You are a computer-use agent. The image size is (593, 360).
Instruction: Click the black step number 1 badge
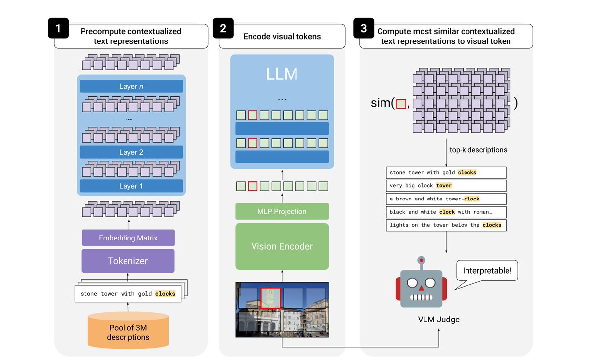(x=58, y=29)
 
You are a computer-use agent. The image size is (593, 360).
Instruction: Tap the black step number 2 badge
(x=223, y=29)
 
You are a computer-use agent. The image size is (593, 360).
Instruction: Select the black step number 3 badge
(x=364, y=29)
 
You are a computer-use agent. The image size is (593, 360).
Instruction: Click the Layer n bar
(x=131, y=86)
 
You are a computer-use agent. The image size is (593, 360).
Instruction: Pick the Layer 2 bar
(x=131, y=152)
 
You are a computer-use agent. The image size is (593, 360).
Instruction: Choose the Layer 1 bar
(x=131, y=186)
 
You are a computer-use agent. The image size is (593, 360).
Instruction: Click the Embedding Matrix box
(x=128, y=238)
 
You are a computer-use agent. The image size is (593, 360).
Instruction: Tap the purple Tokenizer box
(x=128, y=261)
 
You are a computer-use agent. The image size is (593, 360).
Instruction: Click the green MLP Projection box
(x=282, y=211)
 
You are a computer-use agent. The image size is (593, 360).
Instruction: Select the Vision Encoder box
(x=282, y=246)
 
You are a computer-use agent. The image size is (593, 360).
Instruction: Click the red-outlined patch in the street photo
(x=271, y=298)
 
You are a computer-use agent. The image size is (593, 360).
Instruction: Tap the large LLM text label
(x=282, y=74)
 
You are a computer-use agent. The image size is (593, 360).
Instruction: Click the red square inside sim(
(x=401, y=104)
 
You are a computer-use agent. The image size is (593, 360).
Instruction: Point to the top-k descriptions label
(x=478, y=150)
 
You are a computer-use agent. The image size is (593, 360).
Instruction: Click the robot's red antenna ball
(x=421, y=259)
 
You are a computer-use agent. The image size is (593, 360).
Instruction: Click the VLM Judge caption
(x=438, y=320)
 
